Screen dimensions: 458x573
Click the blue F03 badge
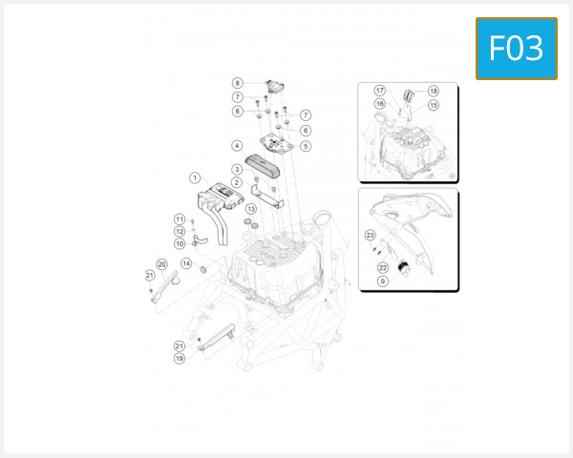pyautogui.click(x=516, y=48)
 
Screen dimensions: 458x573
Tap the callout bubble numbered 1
pyautogui.click(x=194, y=177)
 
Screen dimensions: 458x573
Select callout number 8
pyautogui.click(x=238, y=83)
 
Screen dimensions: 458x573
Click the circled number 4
pyautogui.click(x=236, y=146)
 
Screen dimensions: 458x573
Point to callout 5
pyautogui.click(x=306, y=146)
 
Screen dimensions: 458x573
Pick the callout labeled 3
pyautogui.click(x=236, y=169)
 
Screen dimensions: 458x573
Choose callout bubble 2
pyautogui.click(x=236, y=182)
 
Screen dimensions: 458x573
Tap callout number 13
pyautogui.click(x=252, y=209)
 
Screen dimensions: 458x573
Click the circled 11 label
pyautogui.click(x=179, y=219)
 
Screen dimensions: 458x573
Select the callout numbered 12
pyautogui.click(x=179, y=232)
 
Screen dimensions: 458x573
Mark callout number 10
pyautogui.click(x=179, y=244)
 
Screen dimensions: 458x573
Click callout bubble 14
pyautogui.click(x=187, y=263)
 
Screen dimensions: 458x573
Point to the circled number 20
pyautogui.click(x=161, y=264)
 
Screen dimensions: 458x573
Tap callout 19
pyautogui.click(x=179, y=359)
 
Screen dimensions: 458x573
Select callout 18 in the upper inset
pyautogui.click(x=433, y=91)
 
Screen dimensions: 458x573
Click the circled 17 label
pyautogui.click(x=379, y=91)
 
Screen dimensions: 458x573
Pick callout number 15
pyautogui.click(x=433, y=105)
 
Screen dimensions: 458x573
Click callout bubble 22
pyautogui.click(x=382, y=268)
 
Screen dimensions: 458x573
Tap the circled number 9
pyautogui.click(x=382, y=281)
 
